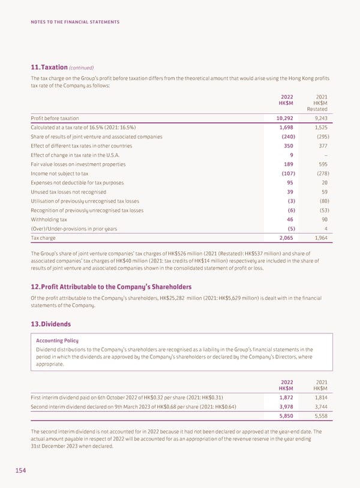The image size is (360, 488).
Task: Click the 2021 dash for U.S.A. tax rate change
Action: [325, 155]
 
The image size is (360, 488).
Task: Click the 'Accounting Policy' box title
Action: [58, 340]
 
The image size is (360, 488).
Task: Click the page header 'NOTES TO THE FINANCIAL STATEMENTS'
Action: [75, 22]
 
